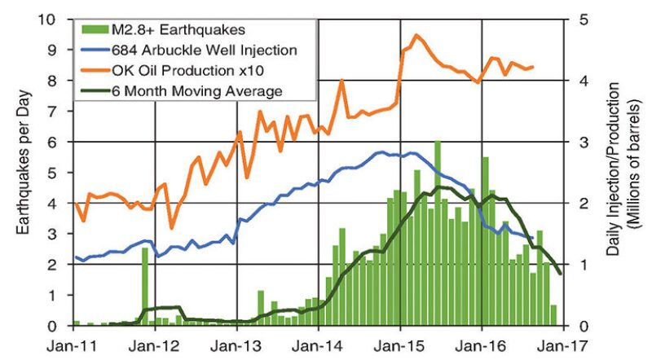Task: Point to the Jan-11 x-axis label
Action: (73, 343)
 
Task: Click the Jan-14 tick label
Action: (318, 343)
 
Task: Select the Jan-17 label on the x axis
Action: (562, 343)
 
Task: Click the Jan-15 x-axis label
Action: (399, 343)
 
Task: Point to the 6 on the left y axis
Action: (57, 142)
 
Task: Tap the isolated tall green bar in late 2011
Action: (145, 286)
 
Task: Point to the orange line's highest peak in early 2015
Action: (416, 35)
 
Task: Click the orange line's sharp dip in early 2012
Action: (171, 227)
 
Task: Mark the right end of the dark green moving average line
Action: (559, 274)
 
